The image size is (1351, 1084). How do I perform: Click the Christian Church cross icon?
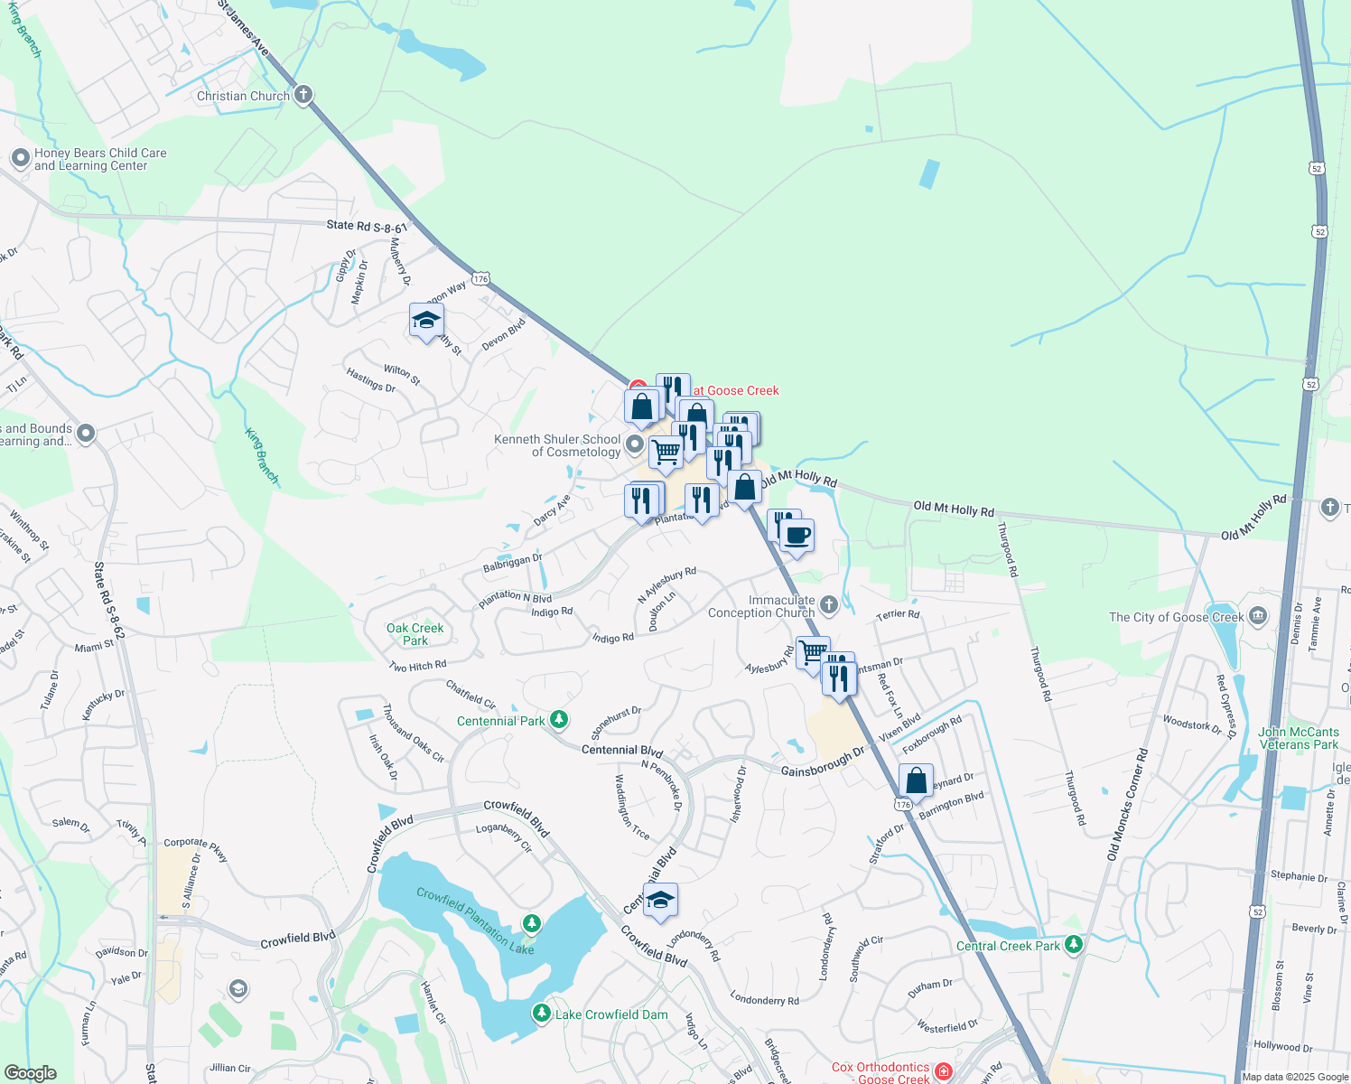click(303, 95)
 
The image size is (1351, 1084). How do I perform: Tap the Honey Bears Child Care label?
click(100, 160)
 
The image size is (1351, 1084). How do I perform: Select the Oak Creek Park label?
click(415, 634)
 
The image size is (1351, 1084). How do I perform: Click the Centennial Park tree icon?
click(559, 720)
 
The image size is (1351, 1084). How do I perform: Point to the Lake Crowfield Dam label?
click(611, 1014)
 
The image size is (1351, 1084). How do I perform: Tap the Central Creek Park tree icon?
click(1073, 945)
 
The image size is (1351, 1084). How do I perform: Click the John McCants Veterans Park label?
click(1299, 738)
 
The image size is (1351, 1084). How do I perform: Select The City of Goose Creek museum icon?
click(1258, 617)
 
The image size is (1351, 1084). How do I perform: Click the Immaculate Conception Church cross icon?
click(829, 604)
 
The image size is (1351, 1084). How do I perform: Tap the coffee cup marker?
click(797, 536)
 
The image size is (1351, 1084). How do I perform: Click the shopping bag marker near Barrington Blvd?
click(916, 780)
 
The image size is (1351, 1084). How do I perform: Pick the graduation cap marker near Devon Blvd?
click(426, 321)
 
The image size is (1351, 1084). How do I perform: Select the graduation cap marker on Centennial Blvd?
click(660, 901)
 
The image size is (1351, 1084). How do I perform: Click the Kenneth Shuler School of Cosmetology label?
click(557, 445)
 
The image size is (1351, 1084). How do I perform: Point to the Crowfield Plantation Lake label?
click(475, 920)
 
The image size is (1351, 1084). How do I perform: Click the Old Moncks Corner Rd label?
click(1128, 805)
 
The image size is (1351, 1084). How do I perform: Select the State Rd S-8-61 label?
click(367, 225)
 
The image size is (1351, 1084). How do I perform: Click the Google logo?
click(30, 1073)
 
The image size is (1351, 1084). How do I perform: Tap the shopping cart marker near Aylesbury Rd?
click(813, 653)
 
